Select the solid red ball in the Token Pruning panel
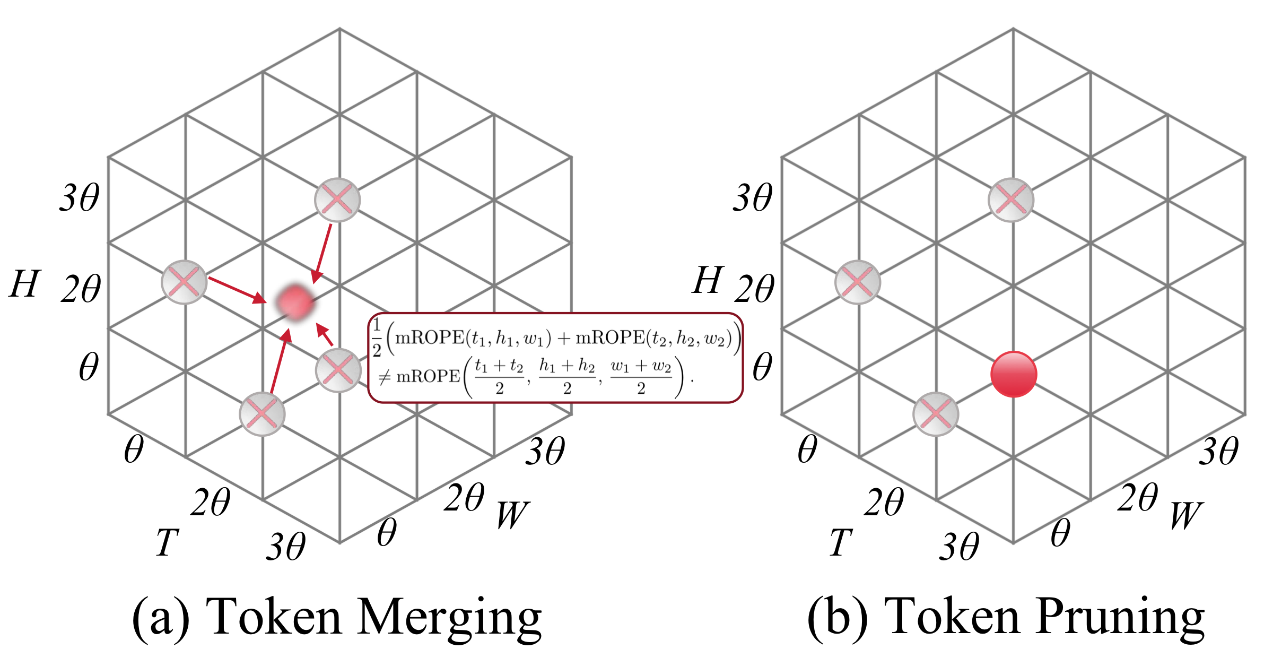point(1013,374)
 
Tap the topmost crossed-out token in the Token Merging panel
point(337,200)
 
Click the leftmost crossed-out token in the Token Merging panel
point(184,282)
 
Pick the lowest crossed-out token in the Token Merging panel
point(262,414)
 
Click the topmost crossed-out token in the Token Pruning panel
point(1011,200)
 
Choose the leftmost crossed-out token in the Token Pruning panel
point(857,282)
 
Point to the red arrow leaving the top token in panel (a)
point(322,254)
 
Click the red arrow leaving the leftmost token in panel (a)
point(237,290)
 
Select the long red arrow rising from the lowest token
point(280,361)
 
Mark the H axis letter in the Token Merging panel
point(24,283)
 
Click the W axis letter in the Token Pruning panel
point(1186,515)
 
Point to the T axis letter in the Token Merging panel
point(167,542)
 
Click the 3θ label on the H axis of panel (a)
point(80,198)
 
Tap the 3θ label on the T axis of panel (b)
point(959,547)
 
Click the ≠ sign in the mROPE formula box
point(385,377)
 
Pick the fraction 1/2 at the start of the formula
point(377,338)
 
